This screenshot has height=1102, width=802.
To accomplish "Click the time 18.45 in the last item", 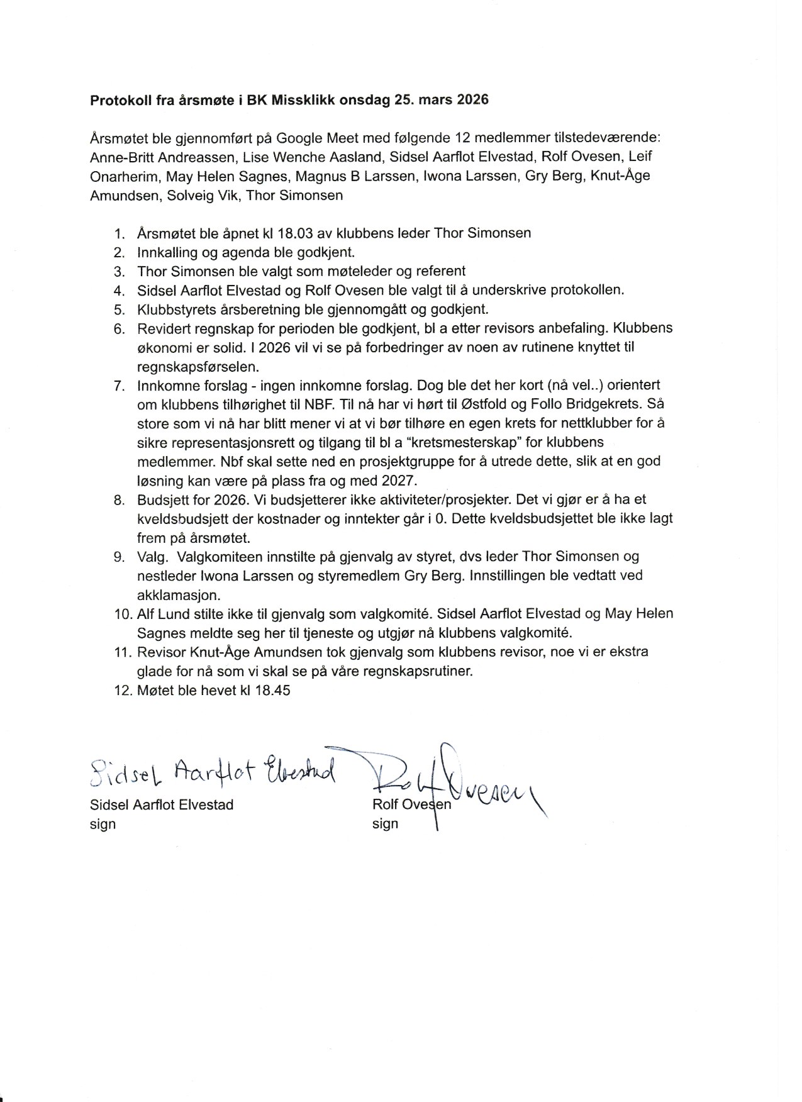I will (x=272, y=690).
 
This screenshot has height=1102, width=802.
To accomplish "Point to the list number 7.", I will (x=120, y=386).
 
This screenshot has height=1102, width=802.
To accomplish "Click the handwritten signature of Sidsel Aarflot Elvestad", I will (x=213, y=771).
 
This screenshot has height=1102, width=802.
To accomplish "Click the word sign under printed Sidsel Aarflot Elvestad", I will (x=103, y=824).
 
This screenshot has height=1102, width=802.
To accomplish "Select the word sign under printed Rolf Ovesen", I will (x=385, y=824).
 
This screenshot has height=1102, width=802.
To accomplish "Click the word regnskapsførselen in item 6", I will (x=199, y=366).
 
